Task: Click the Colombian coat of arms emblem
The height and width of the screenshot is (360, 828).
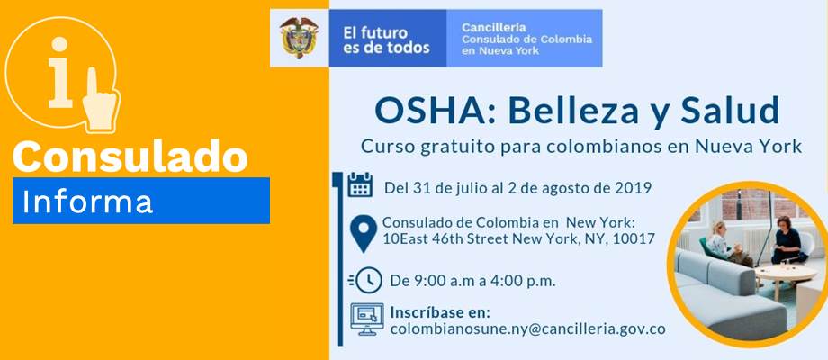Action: click(x=299, y=38)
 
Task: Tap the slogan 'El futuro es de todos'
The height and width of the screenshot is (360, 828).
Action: click(x=386, y=40)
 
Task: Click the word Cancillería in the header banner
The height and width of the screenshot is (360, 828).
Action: click(x=494, y=27)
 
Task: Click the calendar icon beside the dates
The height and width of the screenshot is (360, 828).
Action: click(x=360, y=184)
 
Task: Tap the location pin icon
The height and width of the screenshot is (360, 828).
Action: click(x=364, y=233)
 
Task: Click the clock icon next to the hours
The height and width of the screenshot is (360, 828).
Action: click(x=365, y=280)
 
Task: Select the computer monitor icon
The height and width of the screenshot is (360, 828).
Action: click(x=367, y=319)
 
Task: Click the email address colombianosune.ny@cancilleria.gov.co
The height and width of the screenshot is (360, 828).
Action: click(x=527, y=328)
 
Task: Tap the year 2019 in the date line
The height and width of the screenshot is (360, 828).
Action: click(x=634, y=187)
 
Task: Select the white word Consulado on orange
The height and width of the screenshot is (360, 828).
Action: click(x=130, y=157)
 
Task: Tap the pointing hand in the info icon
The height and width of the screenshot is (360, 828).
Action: click(x=101, y=99)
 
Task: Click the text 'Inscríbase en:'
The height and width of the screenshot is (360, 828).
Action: click(x=440, y=312)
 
